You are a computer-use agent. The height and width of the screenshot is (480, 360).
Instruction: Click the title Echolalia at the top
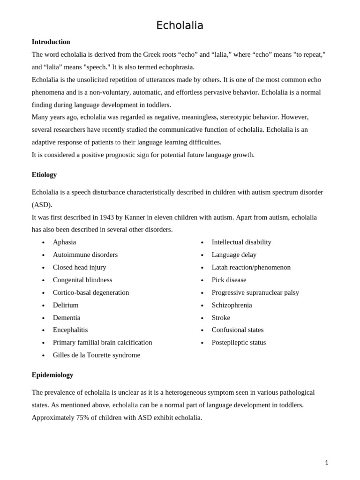(180, 25)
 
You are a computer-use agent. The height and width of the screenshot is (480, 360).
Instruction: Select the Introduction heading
(51, 42)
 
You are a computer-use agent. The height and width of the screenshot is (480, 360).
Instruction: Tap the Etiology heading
(44, 174)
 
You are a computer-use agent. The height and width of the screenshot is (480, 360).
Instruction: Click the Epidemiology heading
(52, 375)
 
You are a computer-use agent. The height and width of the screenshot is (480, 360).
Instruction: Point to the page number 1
(326, 462)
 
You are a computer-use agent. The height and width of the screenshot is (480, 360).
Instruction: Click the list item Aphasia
(64, 242)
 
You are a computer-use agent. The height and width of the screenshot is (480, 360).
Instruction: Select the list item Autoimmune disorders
(85, 255)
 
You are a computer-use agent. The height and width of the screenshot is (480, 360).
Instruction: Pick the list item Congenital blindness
(82, 280)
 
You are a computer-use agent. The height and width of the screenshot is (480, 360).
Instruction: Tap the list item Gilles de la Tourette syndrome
(96, 355)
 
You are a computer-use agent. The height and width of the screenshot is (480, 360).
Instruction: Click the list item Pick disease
(229, 280)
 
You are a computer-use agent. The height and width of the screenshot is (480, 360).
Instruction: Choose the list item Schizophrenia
(232, 305)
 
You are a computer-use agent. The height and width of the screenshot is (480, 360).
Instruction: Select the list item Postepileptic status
(239, 342)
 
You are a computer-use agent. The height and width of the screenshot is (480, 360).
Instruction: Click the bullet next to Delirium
(43, 306)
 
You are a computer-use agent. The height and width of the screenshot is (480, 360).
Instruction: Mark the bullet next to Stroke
(202, 318)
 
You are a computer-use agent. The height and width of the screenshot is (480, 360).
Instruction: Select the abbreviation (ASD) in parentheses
(42, 204)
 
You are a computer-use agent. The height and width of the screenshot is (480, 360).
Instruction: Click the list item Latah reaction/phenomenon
(251, 267)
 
